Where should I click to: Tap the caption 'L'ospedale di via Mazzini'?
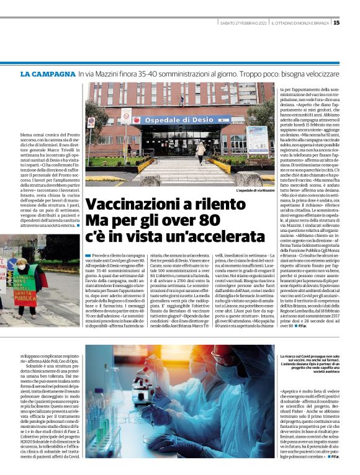click(x=254, y=190)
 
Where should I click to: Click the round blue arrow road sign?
click(x=124, y=127)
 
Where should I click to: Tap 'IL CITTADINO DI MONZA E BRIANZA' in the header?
click(x=299, y=24)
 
